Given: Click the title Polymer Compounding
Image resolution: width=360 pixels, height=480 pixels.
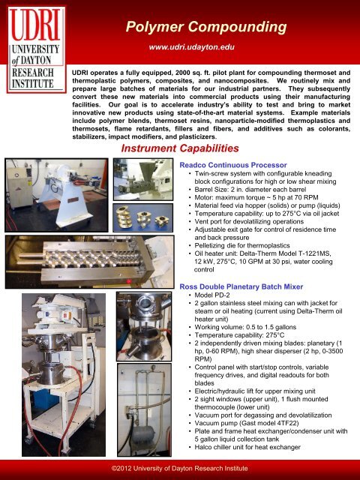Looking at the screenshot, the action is click(x=206, y=28).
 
